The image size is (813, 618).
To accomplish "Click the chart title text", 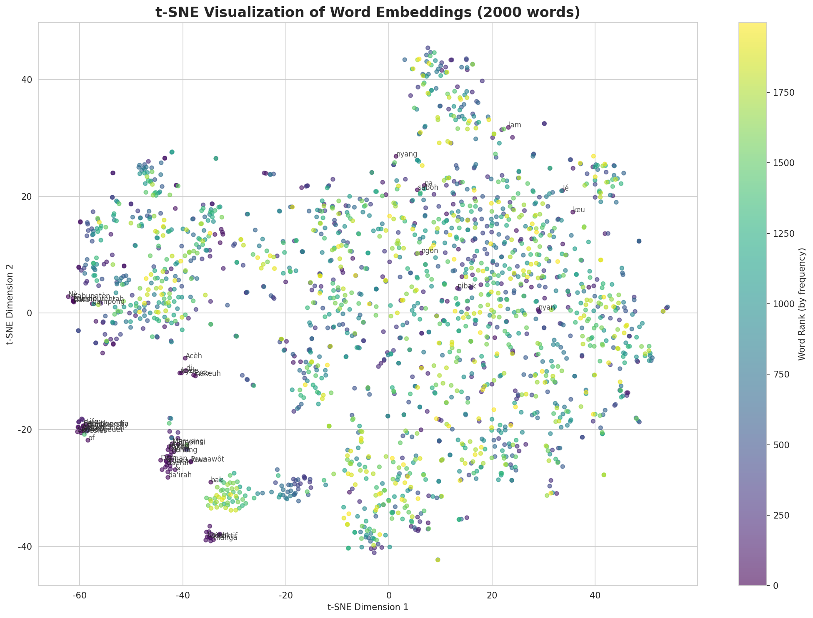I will point(368,12).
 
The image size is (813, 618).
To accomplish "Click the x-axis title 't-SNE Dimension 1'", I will point(368,607).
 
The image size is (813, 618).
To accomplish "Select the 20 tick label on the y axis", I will point(27,196).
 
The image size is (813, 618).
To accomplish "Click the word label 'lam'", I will point(515,125).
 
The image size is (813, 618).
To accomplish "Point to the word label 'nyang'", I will point(406,154).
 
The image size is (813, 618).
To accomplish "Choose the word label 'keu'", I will point(579,210).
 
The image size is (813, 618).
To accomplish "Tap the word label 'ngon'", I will point(430,251).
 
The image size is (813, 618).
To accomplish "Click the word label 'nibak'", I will point(467,286).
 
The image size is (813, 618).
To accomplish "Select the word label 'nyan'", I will point(547,308).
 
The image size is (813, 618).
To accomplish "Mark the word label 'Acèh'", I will point(193,356).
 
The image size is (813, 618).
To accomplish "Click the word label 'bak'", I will point(217,480).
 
